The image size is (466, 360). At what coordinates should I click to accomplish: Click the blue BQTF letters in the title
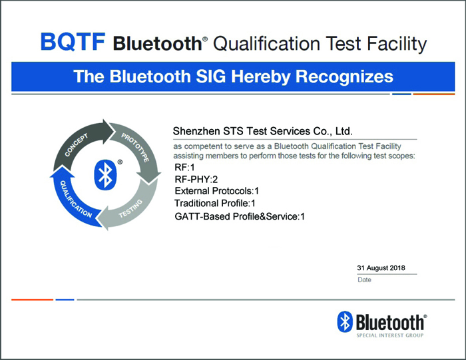(x=73, y=41)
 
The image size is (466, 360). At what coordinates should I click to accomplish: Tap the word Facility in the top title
(x=397, y=44)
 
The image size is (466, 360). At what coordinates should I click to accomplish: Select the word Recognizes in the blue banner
(x=344, y=77)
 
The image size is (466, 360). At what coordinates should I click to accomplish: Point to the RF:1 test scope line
(x=184, y=168)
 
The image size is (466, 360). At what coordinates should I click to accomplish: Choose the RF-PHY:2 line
(x=196, y=180)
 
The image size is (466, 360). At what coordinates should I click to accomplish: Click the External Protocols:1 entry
(x=216, y=191)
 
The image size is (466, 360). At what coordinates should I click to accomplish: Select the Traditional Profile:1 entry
(x=215, y=203)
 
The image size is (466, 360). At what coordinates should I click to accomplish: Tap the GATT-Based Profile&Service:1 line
(x=240, y=216)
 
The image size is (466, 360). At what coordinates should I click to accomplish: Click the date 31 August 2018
(x=381, y=268)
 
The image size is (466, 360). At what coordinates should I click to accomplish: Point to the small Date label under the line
(x=364, y=279)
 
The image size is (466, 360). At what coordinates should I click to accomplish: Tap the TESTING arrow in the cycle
(x=130, y=208)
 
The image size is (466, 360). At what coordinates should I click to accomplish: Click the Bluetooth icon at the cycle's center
(x=105, y=175)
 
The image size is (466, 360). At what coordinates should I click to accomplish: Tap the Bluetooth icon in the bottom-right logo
(x=345, y=321)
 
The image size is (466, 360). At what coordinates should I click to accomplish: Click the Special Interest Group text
(x=390, y=335)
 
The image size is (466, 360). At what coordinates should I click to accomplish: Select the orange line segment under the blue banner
(x=434, y=94)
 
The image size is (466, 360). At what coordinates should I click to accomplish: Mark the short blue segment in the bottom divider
(x=65, y=299)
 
